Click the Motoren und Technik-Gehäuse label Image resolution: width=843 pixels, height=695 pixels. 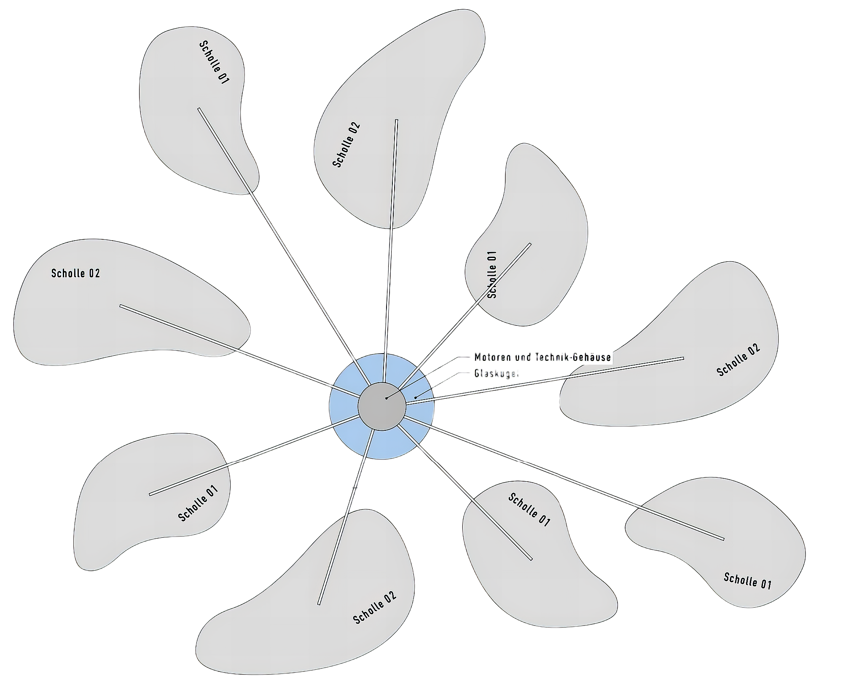542,357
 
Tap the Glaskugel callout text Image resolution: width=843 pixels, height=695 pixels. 496,373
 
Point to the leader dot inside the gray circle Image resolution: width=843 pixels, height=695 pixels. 386,398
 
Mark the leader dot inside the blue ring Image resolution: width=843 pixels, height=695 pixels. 415,397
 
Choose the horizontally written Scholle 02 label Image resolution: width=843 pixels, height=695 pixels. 76,273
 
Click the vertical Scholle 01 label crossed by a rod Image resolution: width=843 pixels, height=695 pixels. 492,274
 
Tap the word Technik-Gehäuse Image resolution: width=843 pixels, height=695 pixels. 573,357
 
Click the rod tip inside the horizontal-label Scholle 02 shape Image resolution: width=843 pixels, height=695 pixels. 121,306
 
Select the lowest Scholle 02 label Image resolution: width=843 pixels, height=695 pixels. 375,607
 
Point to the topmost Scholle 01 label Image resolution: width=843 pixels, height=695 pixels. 214,62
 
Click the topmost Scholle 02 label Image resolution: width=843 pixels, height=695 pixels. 346,145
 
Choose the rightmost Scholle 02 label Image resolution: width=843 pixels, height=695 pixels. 738,360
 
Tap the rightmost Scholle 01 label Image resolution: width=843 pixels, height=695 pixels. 747,580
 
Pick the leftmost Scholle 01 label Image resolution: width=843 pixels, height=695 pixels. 198,503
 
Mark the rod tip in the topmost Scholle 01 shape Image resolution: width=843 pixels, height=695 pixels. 199,109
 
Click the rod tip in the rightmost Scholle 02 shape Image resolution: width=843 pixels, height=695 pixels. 682,359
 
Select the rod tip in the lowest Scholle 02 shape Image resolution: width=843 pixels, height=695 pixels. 319,604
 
